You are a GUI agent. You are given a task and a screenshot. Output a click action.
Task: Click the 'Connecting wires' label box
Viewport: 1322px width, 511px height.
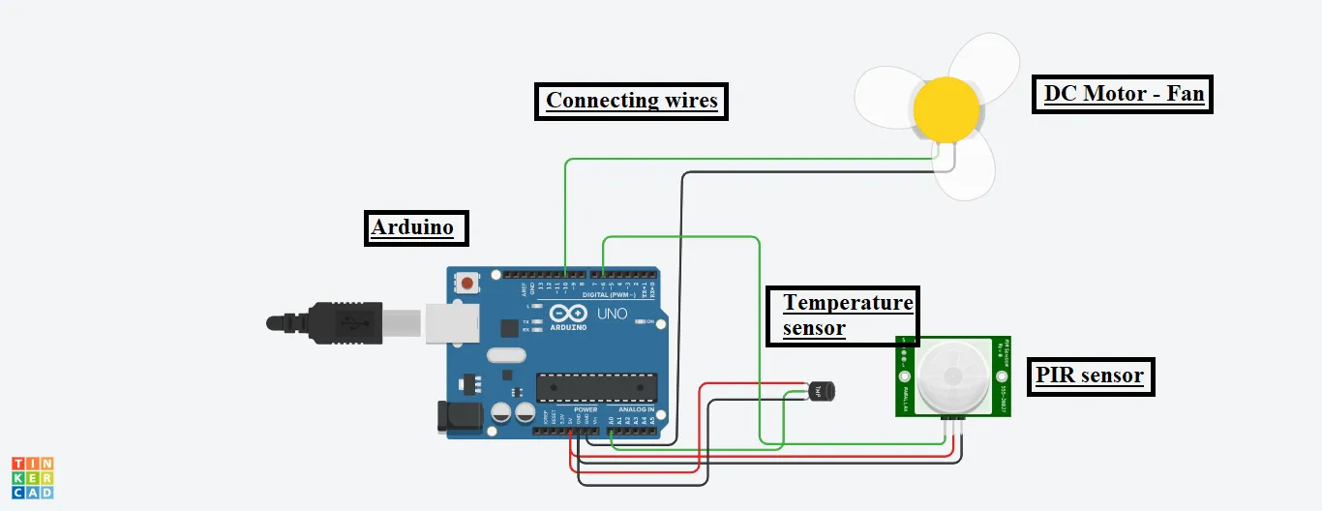(631, 101)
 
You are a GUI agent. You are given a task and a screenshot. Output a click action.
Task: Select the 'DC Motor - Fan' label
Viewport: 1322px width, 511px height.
(1123, 95)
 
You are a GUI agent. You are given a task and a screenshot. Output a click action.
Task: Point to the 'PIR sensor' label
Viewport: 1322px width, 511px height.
(1090, 376)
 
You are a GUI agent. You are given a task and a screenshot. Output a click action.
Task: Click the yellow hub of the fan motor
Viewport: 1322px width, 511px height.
(946, 108)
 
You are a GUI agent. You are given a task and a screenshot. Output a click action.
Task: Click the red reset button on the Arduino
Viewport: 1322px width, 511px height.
(468, 284)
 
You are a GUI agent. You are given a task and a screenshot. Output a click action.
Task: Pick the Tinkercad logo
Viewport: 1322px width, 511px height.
(33, 478)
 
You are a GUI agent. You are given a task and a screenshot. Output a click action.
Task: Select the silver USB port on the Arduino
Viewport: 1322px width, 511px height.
(453, 322)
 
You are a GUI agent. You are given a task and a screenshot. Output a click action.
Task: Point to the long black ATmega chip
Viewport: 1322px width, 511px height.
(597, 386)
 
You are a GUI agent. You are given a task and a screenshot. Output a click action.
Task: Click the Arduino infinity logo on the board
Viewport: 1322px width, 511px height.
(568, 315)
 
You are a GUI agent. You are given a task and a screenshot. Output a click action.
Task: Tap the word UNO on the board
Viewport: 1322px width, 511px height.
(613, 315)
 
